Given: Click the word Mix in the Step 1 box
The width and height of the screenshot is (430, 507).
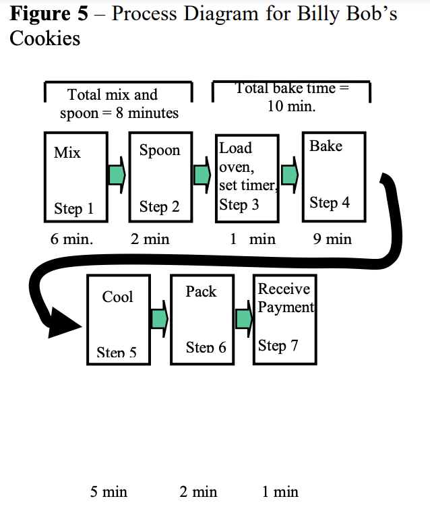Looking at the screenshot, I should pos(67,153).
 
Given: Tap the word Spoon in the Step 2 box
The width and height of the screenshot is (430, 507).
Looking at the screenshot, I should pos(159,150).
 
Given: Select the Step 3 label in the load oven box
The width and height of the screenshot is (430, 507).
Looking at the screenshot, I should pos(239,205).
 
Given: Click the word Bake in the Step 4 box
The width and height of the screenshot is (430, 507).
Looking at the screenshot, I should pos(326,146).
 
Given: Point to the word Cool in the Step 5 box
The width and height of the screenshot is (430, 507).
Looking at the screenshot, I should pos(117,297).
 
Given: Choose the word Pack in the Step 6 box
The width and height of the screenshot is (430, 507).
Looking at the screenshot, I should pos(201,292).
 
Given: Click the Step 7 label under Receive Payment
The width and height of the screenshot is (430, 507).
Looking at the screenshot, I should pos(278,346).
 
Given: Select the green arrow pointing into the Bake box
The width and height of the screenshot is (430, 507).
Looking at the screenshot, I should pos(290,175).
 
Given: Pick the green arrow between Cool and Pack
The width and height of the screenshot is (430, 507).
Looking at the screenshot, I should pos(160,318).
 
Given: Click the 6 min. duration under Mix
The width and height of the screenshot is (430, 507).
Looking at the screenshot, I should pos(71,239).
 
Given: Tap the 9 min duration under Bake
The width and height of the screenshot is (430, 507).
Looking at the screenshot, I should pos(332,239).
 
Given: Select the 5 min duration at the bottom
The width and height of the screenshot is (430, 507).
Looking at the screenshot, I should pos(109,492).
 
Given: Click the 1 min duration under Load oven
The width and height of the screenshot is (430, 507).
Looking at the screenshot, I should pos(253,239).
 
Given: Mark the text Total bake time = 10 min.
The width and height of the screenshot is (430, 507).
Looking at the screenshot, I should pos(291,97).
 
